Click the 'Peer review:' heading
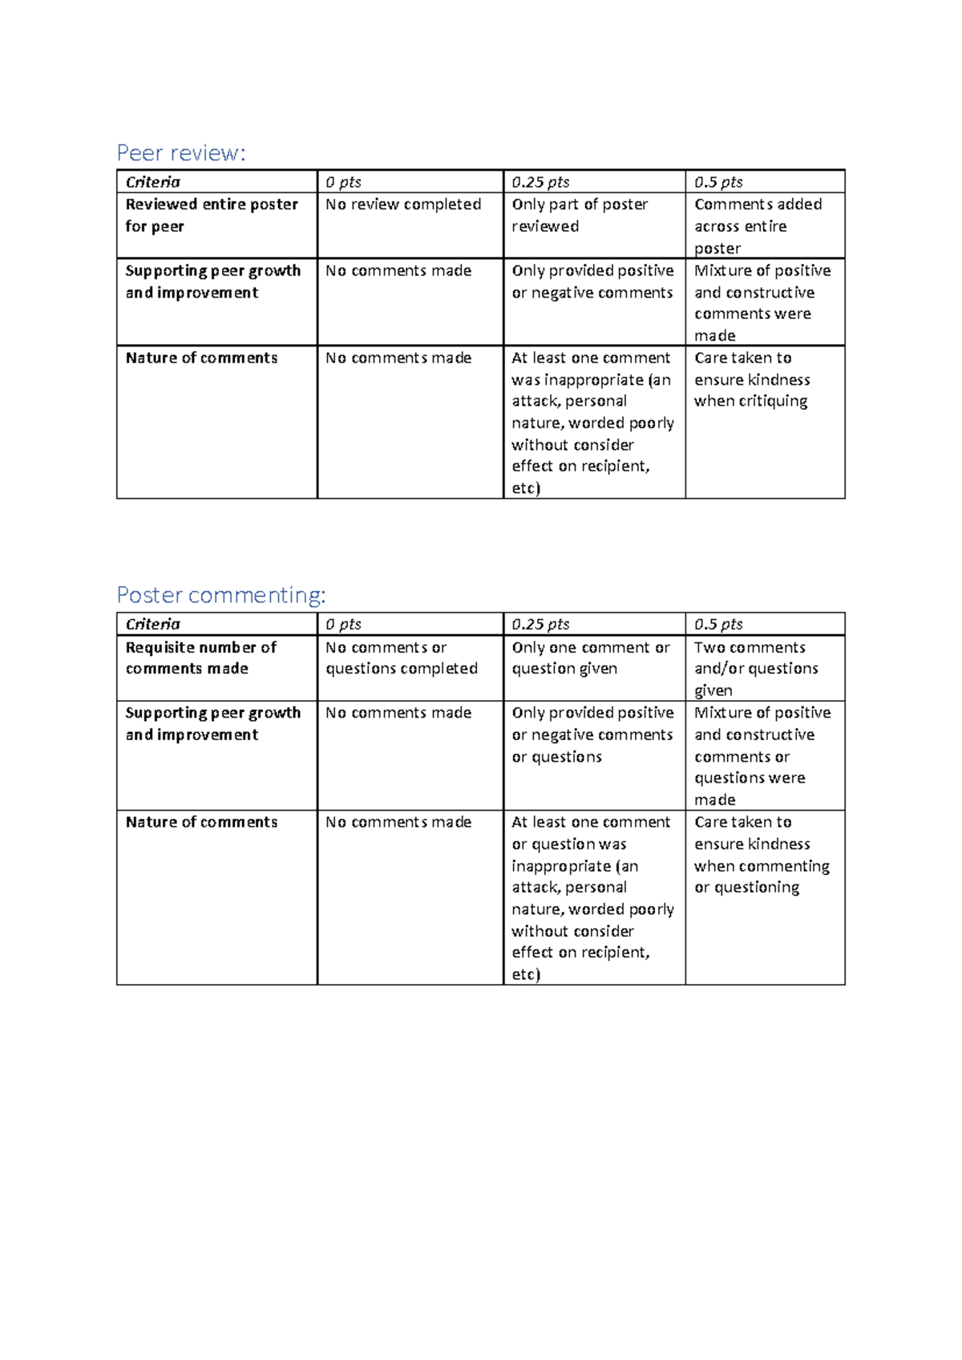click(x=181, y=152)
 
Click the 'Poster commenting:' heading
click(x=221, y=594)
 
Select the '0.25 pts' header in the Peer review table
click(x=540, y=182)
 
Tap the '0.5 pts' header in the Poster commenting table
click(x=718, y=624)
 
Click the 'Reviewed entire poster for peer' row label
click(x=212, y=215)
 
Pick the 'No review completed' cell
click(x=403, y=204)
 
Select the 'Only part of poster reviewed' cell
click(x=580, y=215)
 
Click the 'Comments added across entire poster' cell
click(x=758, y=226)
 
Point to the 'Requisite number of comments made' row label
click(x=201, y=658)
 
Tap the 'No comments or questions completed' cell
click(x=402, y=658)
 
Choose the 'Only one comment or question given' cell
click(x=591, y=658)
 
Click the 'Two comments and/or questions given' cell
click(x=756, y=668)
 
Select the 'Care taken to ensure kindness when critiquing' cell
click(x=752, y=379)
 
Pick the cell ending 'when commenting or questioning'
click(x=762, y=855)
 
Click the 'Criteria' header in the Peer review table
click(x=153, y=182)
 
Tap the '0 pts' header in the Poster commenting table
click(x=343, y=624)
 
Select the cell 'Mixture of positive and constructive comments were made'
click(x=762, y=302)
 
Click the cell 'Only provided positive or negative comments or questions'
click(x=592, y=735)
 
